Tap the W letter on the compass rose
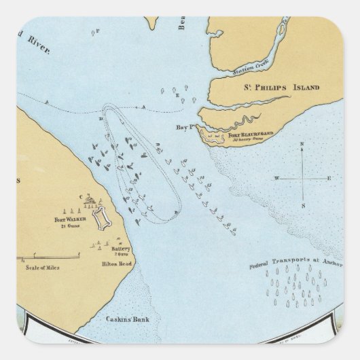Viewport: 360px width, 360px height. pyautogui.click(x=276, y=178)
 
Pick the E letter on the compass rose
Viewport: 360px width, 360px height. pyautogui.click(x=329, y=178)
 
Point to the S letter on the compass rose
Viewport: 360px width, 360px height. pyautogui.click(x=303, y=208)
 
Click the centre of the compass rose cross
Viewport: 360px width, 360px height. pyautogui.click(x=303, y=178)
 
